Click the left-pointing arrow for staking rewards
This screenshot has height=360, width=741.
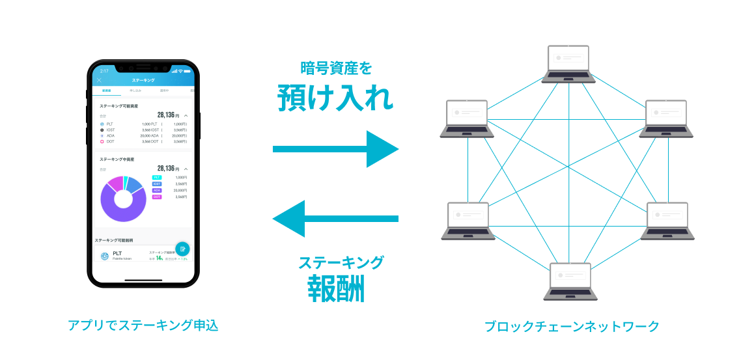pos(335,219)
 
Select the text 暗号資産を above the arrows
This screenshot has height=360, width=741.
pos(336,68)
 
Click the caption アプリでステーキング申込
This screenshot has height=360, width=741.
pos(143,325)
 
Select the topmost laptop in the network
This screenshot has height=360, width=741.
pos(568,63)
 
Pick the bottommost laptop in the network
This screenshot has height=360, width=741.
pos(571,281)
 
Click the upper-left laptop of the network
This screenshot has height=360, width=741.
pos(467,118)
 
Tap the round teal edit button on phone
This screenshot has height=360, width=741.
pos(182,249)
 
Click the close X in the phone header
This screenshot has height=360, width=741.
pos(99,80)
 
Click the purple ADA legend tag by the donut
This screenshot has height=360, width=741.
pos(157,190)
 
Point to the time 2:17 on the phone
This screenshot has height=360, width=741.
pos(104,70)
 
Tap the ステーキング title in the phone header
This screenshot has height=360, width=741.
pos(143,80)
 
